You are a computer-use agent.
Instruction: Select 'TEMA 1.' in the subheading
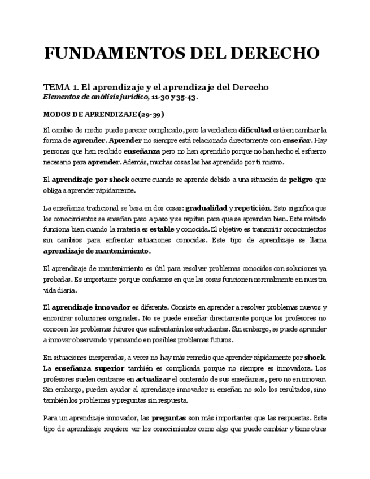pyautogui.click(x=60, y=87)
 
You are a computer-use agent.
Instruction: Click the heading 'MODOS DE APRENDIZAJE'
pyautogui.click(x=88, y=113)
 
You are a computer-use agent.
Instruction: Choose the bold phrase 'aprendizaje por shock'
pyautogui.click(x=90, y=180)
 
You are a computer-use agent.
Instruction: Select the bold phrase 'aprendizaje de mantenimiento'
pyautogui.click(x=97, y=251)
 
